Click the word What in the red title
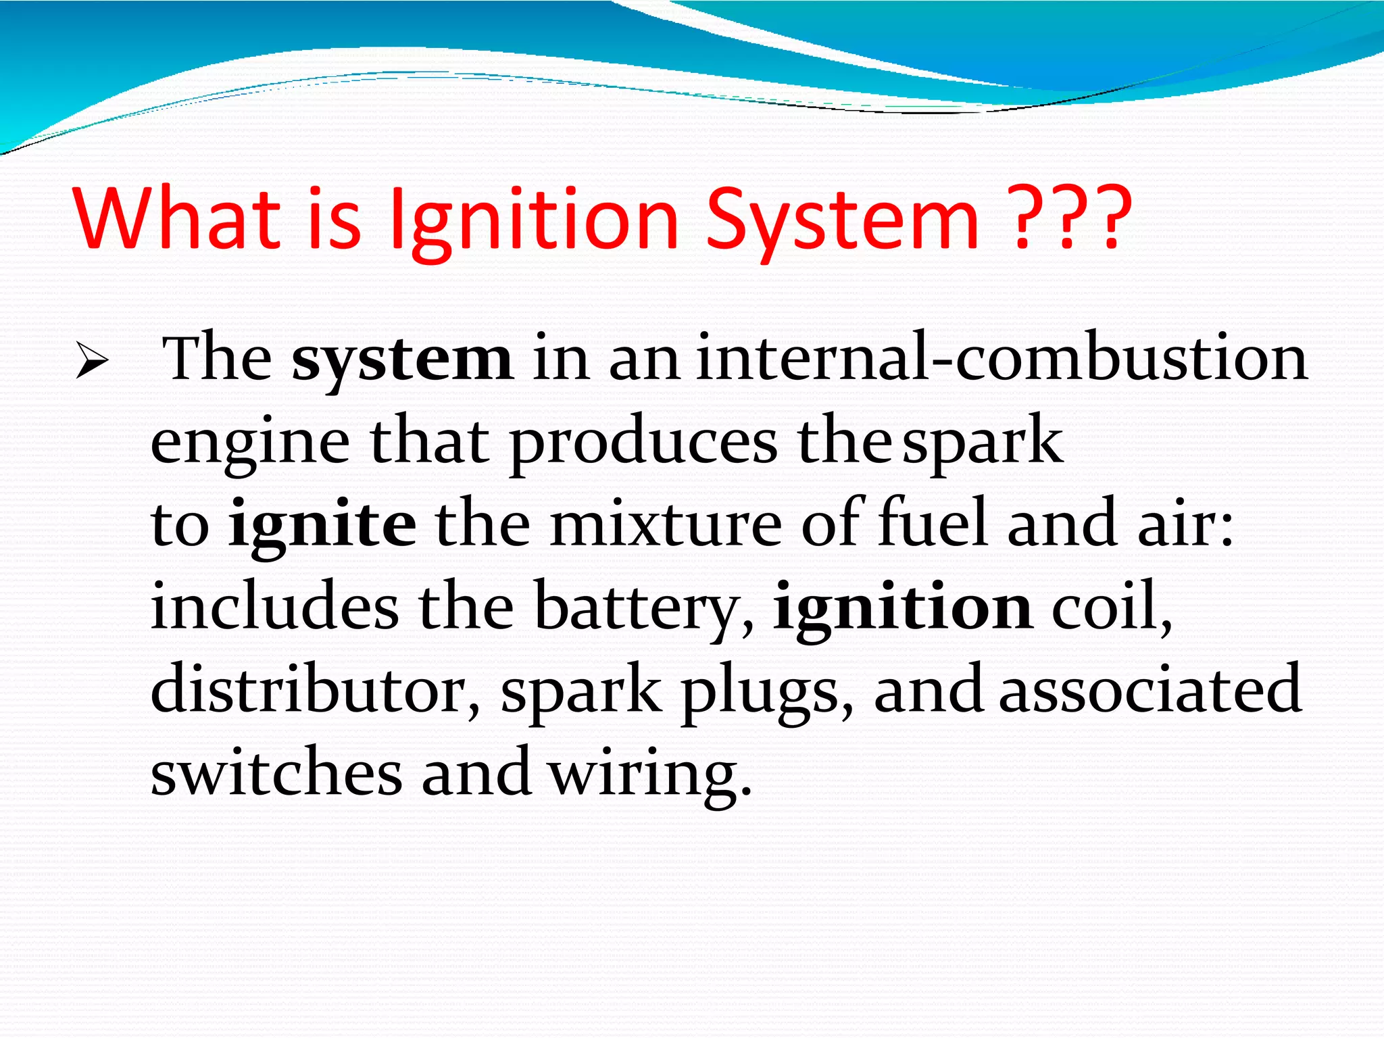[x=177, y=218]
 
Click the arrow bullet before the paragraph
[x=92, y=360]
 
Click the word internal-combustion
[x=1002, y=358]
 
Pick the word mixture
[x=666, y=524]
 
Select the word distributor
[x=315, y=689]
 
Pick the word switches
[x=276, y=772]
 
